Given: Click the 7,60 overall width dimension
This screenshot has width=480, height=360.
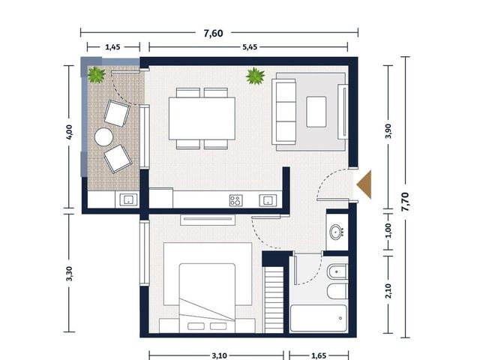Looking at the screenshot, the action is point(213,33).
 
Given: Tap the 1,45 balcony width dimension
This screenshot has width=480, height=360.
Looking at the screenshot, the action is point(112,47).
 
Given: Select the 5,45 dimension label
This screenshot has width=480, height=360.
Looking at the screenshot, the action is point(250,47).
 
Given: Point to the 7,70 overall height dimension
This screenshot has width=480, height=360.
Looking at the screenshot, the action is point(405,202).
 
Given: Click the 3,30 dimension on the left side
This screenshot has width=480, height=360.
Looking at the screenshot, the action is point(70,273).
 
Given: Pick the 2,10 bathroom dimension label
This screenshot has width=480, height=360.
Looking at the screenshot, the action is point(388,291).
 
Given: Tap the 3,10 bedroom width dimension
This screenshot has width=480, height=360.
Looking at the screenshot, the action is point(219,355).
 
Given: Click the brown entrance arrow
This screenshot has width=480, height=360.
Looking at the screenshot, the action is point(364,184).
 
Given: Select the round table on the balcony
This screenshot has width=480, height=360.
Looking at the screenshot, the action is point(103,136).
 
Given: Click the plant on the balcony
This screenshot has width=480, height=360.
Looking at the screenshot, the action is point(97,75).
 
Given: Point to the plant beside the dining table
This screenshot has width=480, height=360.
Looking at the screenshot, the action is point(255,76).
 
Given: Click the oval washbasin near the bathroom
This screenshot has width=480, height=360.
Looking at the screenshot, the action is point(337,232).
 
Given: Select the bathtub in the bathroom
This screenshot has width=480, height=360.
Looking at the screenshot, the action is point(319,318).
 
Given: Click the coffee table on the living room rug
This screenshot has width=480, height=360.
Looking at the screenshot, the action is point(316,112).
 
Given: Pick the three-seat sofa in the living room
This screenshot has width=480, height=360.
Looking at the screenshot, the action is point(284,112).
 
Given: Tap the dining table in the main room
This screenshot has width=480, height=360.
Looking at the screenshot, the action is point(202,118).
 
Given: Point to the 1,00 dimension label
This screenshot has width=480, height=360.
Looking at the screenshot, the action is point(388,230).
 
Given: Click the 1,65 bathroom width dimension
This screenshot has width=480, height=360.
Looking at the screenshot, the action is point(319,355).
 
